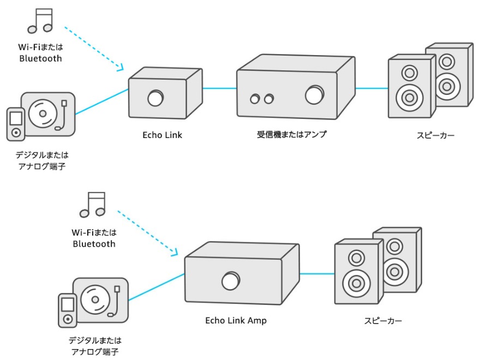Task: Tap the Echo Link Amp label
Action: pos(236,321)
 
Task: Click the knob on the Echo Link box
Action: pos(155,99)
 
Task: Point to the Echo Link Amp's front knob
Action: pos(230,281)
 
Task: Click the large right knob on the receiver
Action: pos(314,94)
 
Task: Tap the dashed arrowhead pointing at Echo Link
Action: pos(121,68)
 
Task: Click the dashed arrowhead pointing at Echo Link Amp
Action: pos(175,253)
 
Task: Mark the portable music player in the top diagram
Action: pos(15,123)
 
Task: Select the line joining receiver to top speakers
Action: pos(371,87)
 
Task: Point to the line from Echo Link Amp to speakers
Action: pos(317,273)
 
